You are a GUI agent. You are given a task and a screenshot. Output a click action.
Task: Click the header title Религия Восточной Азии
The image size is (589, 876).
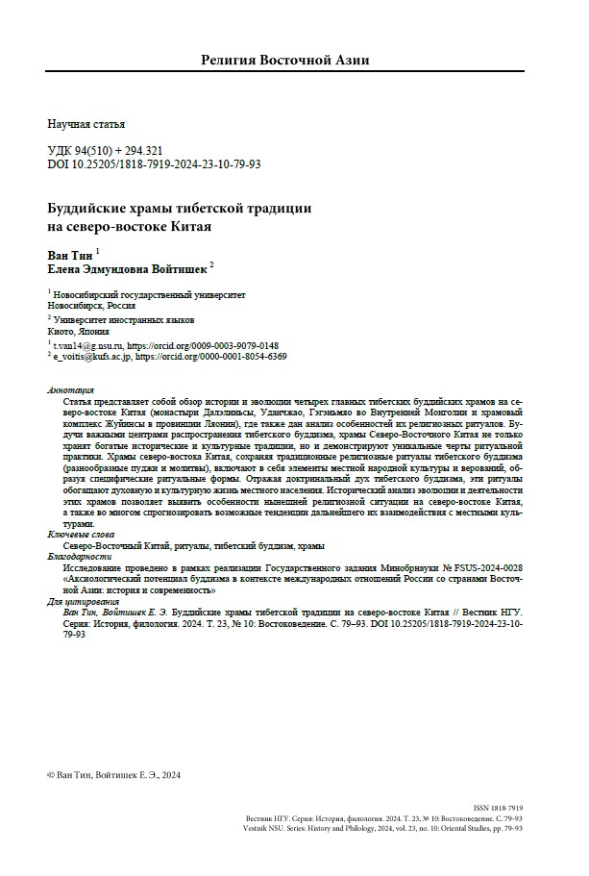(x=284, y=60)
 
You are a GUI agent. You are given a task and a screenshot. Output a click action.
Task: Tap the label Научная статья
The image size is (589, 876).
(x=86, y=124)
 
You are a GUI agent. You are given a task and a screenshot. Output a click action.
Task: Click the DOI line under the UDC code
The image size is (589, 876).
(x=154, y=164)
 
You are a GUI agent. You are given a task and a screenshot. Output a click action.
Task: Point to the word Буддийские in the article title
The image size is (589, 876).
(x=92, y=209)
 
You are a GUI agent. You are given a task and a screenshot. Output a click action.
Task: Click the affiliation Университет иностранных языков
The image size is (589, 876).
(x=124, y=318)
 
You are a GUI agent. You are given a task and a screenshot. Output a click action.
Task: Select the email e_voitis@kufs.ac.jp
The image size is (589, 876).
(x=90, y=356)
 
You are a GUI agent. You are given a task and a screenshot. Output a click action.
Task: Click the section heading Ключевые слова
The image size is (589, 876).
(x=79, y=535)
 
